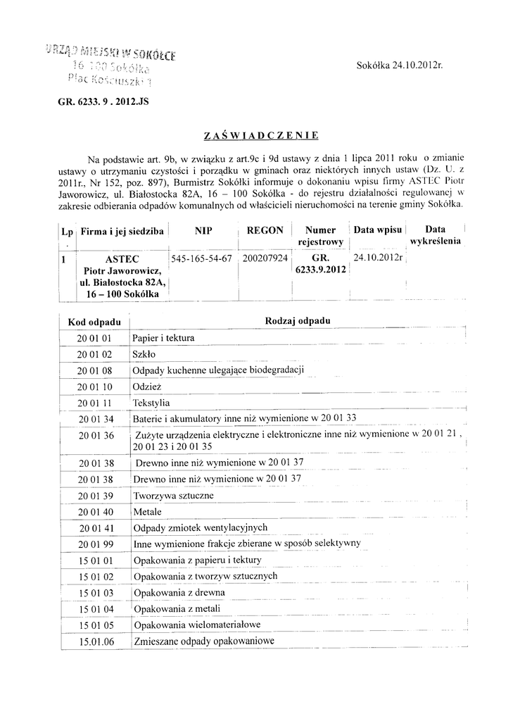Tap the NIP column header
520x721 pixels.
pyautogui.click(x=203, y=230)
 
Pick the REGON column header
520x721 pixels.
pyautogui.click(x=265, y=230)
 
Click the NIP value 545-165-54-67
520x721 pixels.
pyautogui.click(x=201, y=258)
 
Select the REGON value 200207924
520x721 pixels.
pyautogui.click(x=265, y=258)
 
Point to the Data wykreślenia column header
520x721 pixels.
pyautogui.click(x=436, y=235)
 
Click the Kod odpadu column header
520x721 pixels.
pyautogui.click(x=95, y=322)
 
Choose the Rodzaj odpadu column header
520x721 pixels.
pyautogui.click(x=298, y=321)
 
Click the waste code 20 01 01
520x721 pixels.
pyautogui.click(x=95, y=339)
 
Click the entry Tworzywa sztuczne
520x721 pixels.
pyautogui.click(x=174, y=496)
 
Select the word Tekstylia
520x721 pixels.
pyautogui.click(x=152, y=403)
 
